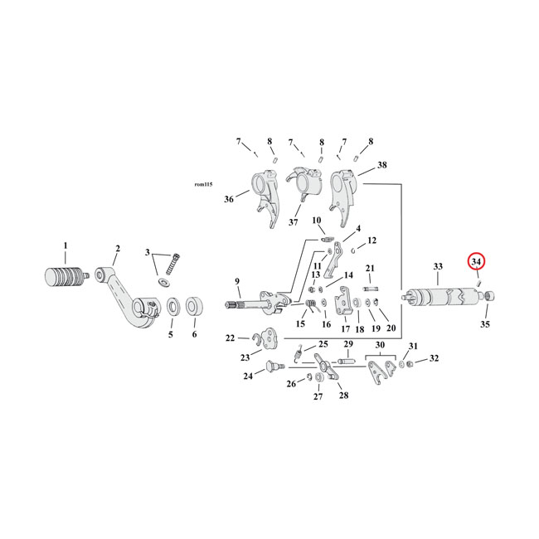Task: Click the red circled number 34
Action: coord(476,262)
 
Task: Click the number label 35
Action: coord(485,324)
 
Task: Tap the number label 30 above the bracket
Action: coord(380,344)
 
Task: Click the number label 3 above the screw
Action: coord(147,253)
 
